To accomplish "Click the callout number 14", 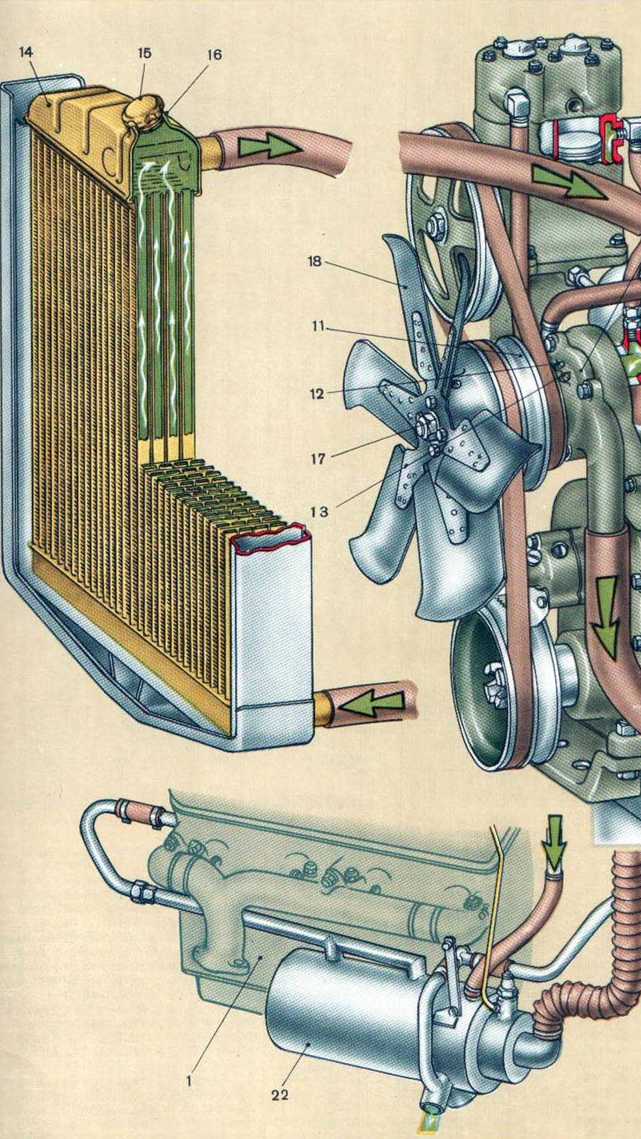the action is point(27,52).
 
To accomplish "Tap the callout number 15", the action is point(145,53).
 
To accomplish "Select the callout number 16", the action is point(214,55).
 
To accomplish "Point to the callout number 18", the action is point(315,262).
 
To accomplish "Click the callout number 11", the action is point(318,326).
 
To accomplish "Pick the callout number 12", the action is point(317,394).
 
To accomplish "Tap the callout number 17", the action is point(318,459).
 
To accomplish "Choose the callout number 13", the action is point(319,512).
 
